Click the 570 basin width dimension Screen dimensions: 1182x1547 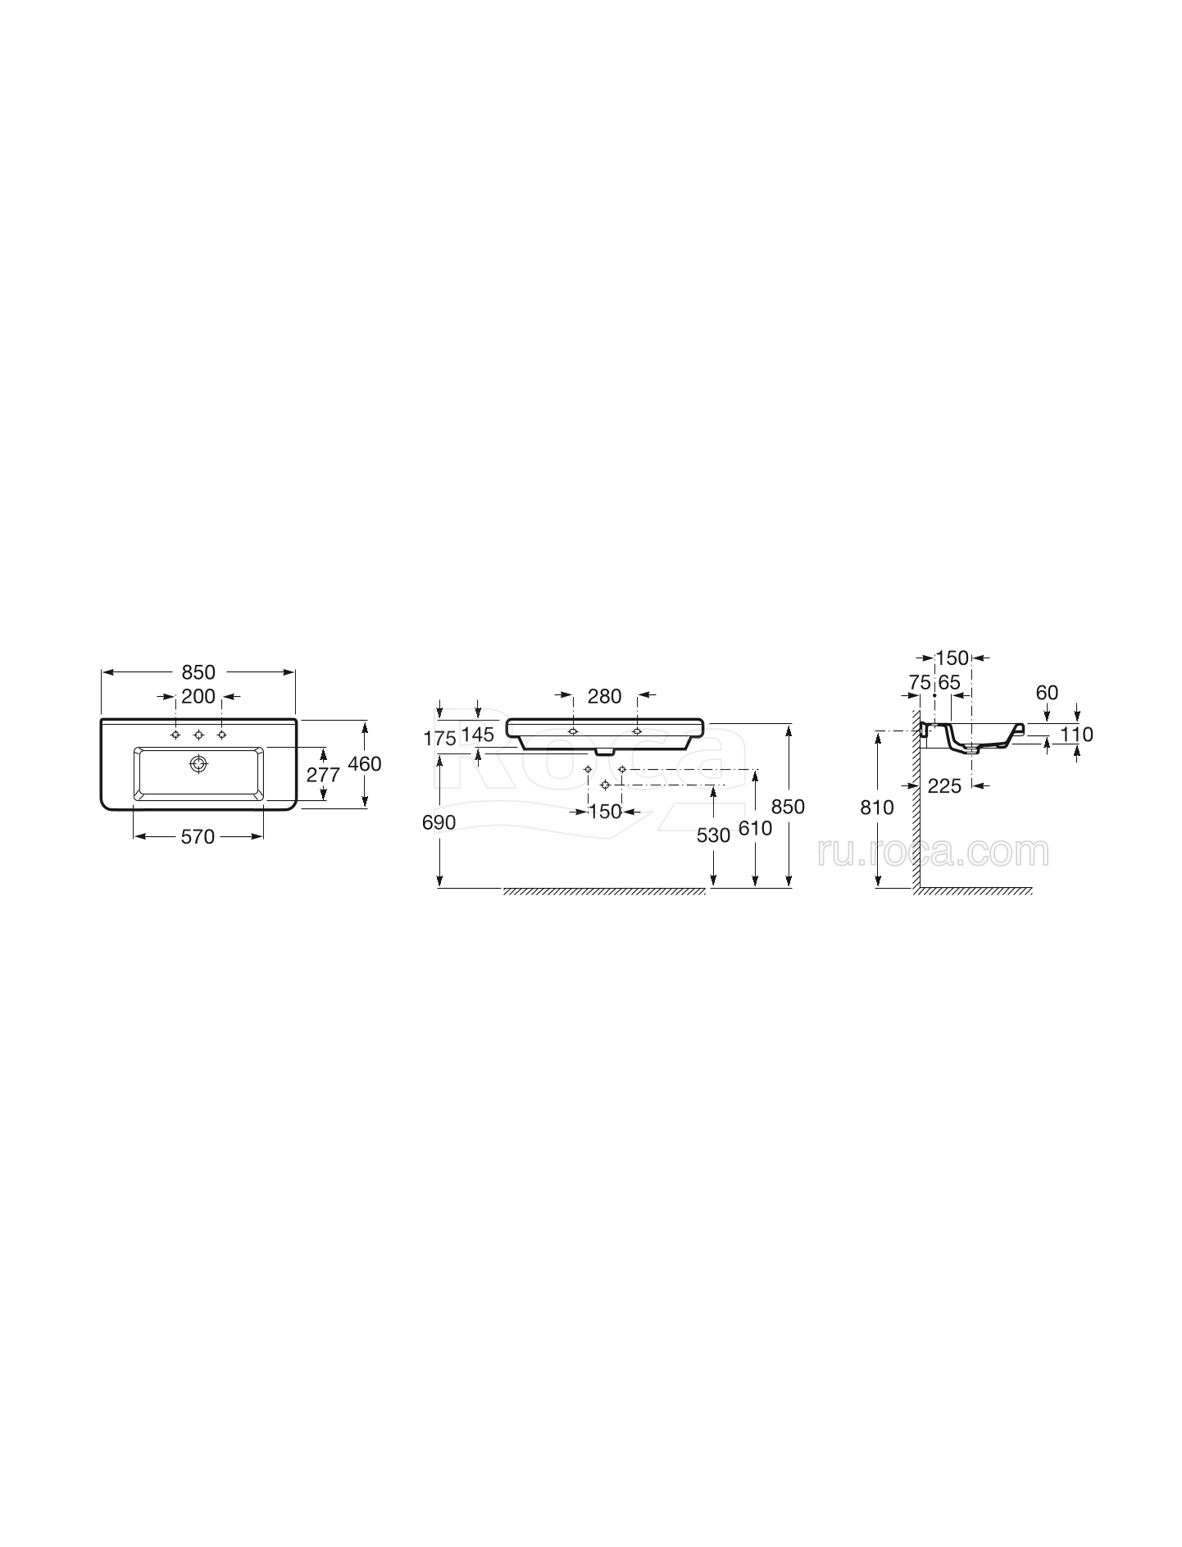click(198, 836)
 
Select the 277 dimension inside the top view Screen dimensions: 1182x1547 click(323, 775)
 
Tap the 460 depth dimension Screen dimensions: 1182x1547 click(365, 763)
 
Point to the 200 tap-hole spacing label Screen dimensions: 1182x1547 click(198, 696)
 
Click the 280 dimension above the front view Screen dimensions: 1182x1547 click(605, 696)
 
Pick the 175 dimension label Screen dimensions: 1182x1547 click(439, 739)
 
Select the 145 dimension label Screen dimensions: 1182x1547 click(478, 735)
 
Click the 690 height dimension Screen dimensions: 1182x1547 click(439, 822)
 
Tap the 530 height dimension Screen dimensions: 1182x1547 click(713, 835)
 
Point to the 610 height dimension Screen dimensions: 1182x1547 click(755, 828)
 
